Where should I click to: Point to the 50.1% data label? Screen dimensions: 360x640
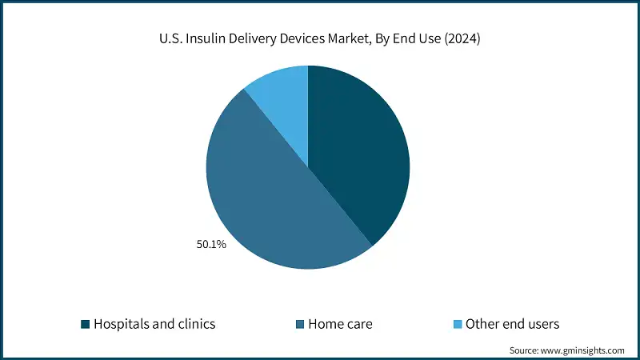211,245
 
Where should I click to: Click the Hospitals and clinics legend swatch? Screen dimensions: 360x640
85,324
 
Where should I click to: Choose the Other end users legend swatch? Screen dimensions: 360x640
458,324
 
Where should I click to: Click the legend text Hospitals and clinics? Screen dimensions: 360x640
154,324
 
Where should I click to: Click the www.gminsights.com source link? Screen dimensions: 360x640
586,350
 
